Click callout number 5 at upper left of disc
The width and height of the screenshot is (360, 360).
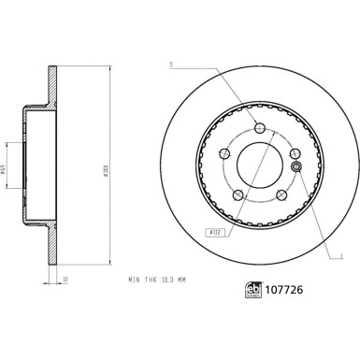click(172, 65)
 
